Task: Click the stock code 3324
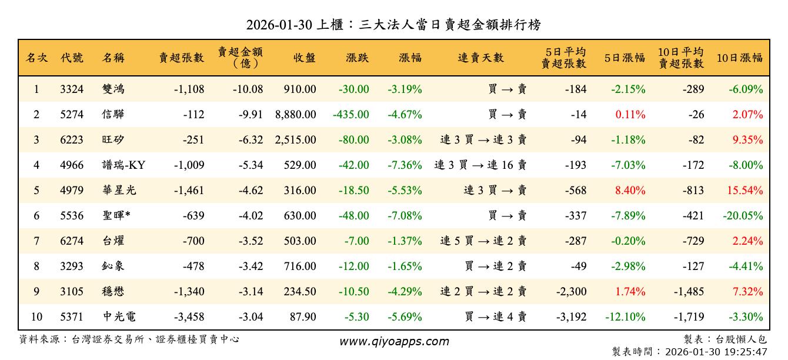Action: (x=72, y=89)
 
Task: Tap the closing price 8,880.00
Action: (x=295, y=115)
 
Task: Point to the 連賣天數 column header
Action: (x=481, y=58)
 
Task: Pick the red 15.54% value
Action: (x=744, y=191)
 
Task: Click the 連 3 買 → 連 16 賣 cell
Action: (x=480, y=165)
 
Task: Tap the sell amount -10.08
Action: (x=246, y=89)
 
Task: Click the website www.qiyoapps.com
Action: (x=394, y=341)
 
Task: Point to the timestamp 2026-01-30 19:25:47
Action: (x=716, y=352)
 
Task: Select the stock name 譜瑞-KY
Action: (x=123, y=165)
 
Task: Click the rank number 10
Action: (x=36, y=317)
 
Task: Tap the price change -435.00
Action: (x=351, y=115)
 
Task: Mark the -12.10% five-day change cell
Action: (x=625, y=317)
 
